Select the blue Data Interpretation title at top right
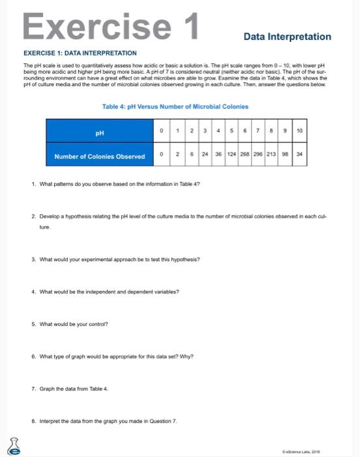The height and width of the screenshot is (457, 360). coord(288,37)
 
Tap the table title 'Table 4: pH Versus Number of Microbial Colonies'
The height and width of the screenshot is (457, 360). coord(175,106)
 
